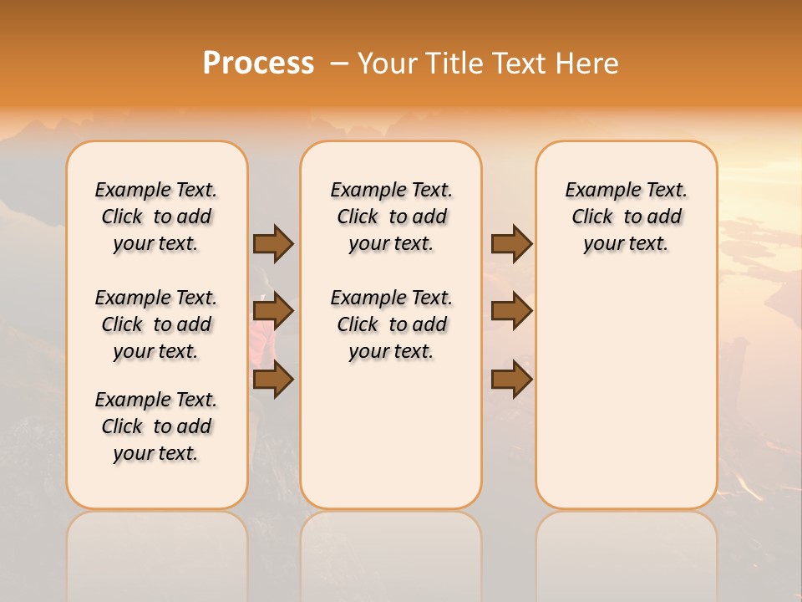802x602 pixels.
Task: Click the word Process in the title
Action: [x=258, y=64]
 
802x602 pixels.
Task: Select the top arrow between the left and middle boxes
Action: [x=273, y=243]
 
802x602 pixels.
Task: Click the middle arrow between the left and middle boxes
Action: [x=273, y=311]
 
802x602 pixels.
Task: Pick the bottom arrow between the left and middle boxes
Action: [x=273, y=379]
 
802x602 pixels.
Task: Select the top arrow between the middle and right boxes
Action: [x=511, y=243]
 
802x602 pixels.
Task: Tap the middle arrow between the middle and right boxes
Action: [x=511, y=311]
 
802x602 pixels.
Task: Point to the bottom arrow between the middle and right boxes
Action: [x=511, y=379]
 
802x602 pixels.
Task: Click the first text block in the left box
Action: [x=156, y=217]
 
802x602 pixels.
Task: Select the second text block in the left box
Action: [x=156, y=324]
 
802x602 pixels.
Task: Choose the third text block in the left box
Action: [x=156, y=426]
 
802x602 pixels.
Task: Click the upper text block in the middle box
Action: [x=391, y=217]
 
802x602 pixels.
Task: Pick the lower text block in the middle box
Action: [x=391, y=324]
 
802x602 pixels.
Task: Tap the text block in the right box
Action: [x=626, y=217]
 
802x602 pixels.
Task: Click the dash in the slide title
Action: [x=339, y=64]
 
